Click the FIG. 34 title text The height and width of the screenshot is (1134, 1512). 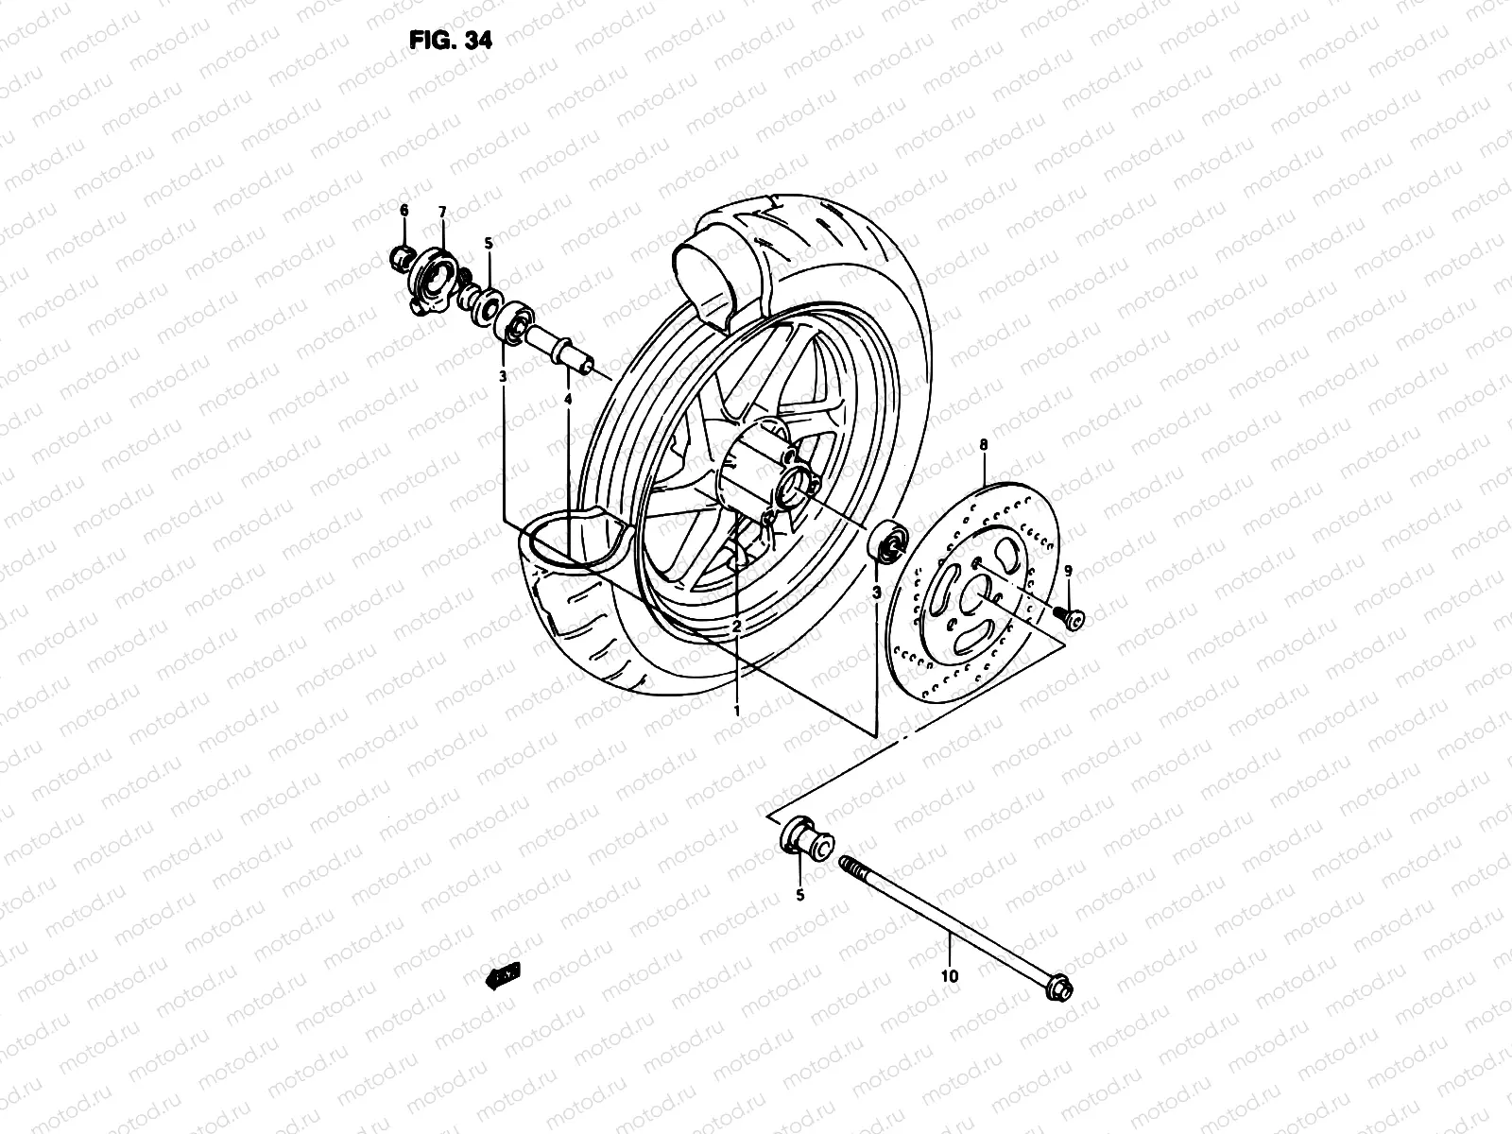450,41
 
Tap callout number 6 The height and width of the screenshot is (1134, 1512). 404,210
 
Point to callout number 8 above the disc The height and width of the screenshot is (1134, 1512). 983,442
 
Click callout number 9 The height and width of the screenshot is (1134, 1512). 1068,571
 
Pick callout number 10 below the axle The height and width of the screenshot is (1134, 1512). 950,976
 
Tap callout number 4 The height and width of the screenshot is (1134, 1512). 567,401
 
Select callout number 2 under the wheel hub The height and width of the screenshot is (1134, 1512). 736,627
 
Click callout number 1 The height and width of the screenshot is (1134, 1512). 737,708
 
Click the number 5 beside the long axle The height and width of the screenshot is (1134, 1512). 799,895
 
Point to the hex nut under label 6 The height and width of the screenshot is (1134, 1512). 401,255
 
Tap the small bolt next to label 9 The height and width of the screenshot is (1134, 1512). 1073,617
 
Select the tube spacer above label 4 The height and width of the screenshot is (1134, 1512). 563,348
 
